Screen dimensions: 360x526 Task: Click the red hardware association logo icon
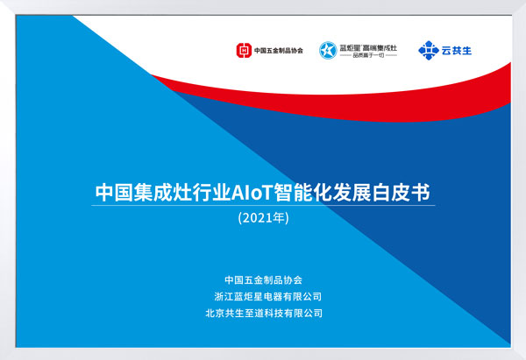click(243, 51)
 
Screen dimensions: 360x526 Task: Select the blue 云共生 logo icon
click(427, 50)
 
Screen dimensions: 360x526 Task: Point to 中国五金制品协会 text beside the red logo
click(278, 51)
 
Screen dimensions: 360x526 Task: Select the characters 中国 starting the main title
click(110, 190)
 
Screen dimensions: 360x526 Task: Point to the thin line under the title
click(263, 205)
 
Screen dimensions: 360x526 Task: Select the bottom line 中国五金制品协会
click(263, 280)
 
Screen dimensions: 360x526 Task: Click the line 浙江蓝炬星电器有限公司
click(263, 296)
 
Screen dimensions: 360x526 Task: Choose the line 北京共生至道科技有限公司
click(263, 312)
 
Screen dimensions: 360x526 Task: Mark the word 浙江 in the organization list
click(214, 296)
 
